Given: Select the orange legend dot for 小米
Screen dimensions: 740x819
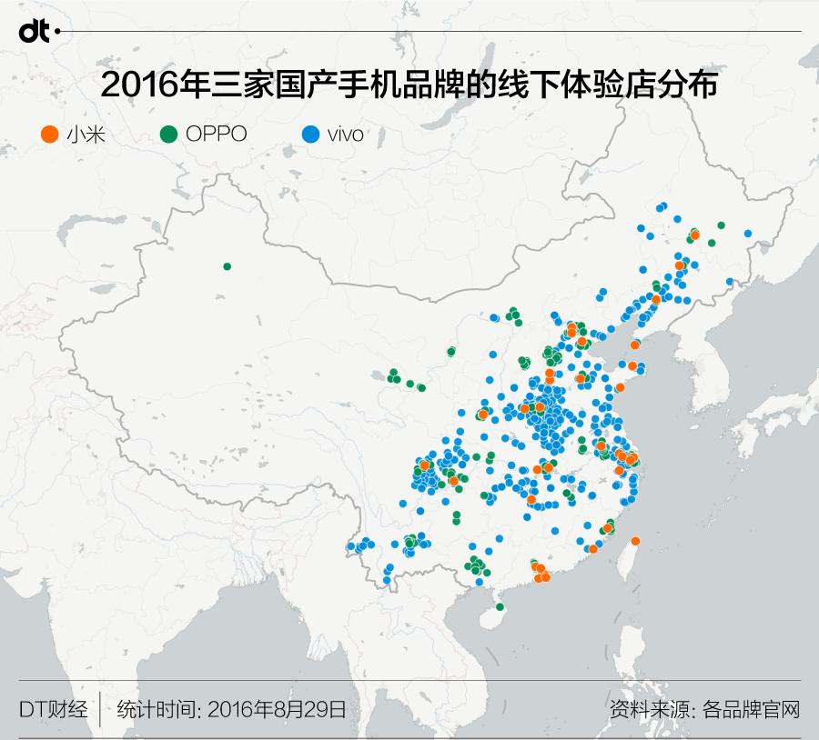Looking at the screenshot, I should [x=50, y=135].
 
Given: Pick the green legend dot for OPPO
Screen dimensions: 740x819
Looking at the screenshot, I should [x=167, y=135].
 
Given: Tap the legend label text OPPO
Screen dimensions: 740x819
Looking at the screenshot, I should [x=216, y=135].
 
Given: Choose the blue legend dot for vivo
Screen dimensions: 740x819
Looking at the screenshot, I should [x=310, y=135].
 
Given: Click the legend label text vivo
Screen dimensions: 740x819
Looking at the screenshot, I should [x=346, y=135].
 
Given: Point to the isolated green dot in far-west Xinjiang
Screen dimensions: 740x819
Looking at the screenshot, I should [x=227, y=266].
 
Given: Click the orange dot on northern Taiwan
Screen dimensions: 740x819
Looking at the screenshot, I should [x=635, y=541].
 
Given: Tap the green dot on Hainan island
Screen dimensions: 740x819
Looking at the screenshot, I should [x=499, y=607].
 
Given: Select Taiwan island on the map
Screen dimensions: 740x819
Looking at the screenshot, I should [x=627, y=559].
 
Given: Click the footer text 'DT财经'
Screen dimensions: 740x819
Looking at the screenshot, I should [x=53, y=709].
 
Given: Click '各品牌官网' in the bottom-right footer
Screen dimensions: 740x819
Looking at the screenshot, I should [x=751, y=709].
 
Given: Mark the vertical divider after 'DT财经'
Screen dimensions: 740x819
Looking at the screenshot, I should [x=100, y=709].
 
